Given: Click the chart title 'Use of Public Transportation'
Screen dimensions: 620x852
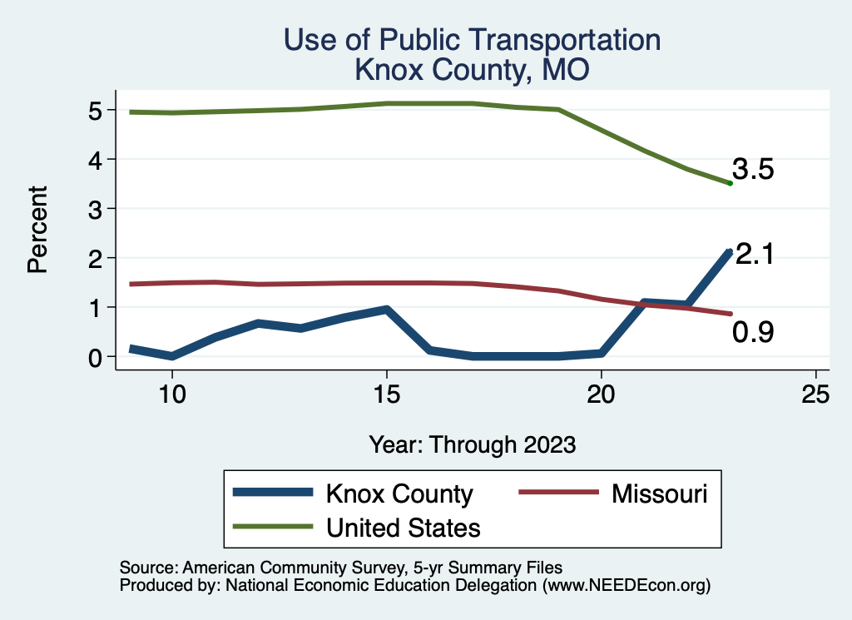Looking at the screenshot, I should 472,40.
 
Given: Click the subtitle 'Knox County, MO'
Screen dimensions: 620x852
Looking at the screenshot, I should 472,70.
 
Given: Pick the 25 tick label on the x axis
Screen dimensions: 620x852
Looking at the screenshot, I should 815,393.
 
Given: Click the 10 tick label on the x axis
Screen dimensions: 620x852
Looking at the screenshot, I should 172,393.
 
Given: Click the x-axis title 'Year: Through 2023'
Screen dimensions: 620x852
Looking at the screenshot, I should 472,444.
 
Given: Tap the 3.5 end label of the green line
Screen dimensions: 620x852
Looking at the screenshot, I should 754,170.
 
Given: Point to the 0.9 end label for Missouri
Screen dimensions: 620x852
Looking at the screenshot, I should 753,333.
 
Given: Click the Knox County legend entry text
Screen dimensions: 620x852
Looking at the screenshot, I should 399,494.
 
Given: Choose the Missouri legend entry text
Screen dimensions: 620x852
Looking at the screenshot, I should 659,494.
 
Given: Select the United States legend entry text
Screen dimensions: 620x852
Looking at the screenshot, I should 404,527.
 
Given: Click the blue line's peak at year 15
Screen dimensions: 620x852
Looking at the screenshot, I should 387,310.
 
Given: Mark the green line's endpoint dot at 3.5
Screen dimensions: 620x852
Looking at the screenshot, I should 730,183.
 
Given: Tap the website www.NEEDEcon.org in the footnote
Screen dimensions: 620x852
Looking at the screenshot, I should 627,585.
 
